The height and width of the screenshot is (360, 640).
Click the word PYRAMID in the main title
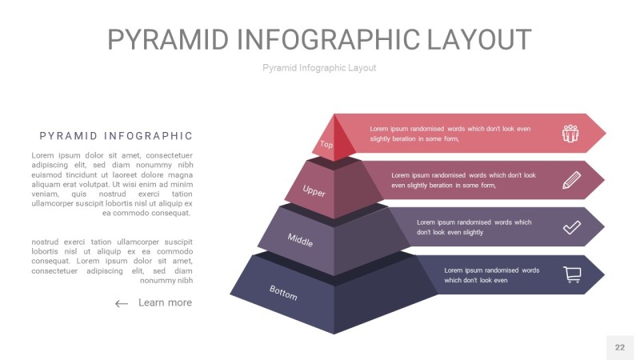click(x=168, y=39)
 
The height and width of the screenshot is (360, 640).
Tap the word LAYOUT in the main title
click(x=478, y=39)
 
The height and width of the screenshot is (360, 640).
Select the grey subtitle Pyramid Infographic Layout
click(x=319, y=68)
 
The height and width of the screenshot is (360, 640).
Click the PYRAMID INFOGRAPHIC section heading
click(x=116, y=136)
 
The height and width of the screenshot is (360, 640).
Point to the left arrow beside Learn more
click(x=122, y=303)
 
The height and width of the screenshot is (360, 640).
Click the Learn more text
click(x=165, y=302)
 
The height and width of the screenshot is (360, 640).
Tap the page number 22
click(x=619, y=347)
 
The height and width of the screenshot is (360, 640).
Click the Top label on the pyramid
click(x=326, y=144)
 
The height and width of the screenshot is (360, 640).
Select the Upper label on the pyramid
click(x=314, y=190)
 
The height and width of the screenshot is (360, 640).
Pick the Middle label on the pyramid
click(x=300, y=240)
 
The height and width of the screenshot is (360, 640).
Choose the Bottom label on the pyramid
click(x=283, y=293)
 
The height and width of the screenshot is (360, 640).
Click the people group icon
click(x=570, y=134)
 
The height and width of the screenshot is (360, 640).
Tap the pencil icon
click(x=571, y=180)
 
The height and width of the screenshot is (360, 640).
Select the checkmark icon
click(x=572, y=227)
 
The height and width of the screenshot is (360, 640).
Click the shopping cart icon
click(x=572, y=274)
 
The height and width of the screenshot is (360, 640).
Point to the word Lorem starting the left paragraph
click(x=43, y=155)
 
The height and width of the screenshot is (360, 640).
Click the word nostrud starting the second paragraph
click(x=45, y=242)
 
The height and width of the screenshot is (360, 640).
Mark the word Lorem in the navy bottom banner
click(x=453, y=270)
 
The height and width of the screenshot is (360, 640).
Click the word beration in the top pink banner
click(x=405, y=138)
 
